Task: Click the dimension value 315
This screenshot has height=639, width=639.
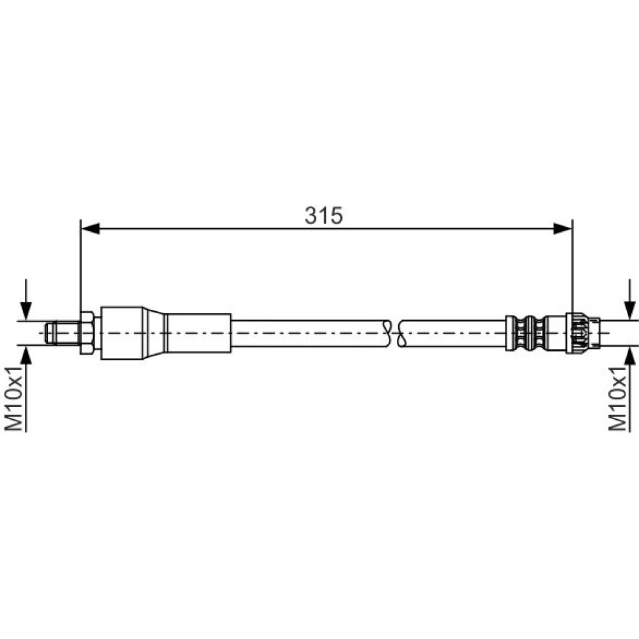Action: coord(323,215)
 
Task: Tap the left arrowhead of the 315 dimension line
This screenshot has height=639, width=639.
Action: coord(91,229)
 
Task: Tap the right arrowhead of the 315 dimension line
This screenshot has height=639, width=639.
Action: coord(563,229)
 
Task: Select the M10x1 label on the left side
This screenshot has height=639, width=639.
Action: coord(13,398)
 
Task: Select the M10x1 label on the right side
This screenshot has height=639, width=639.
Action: coord(617,398)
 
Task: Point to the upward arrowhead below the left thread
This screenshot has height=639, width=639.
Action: coord(26,355)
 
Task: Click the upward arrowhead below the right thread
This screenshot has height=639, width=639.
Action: coord(629,355)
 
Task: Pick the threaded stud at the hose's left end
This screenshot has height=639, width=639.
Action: coord(63,333)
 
